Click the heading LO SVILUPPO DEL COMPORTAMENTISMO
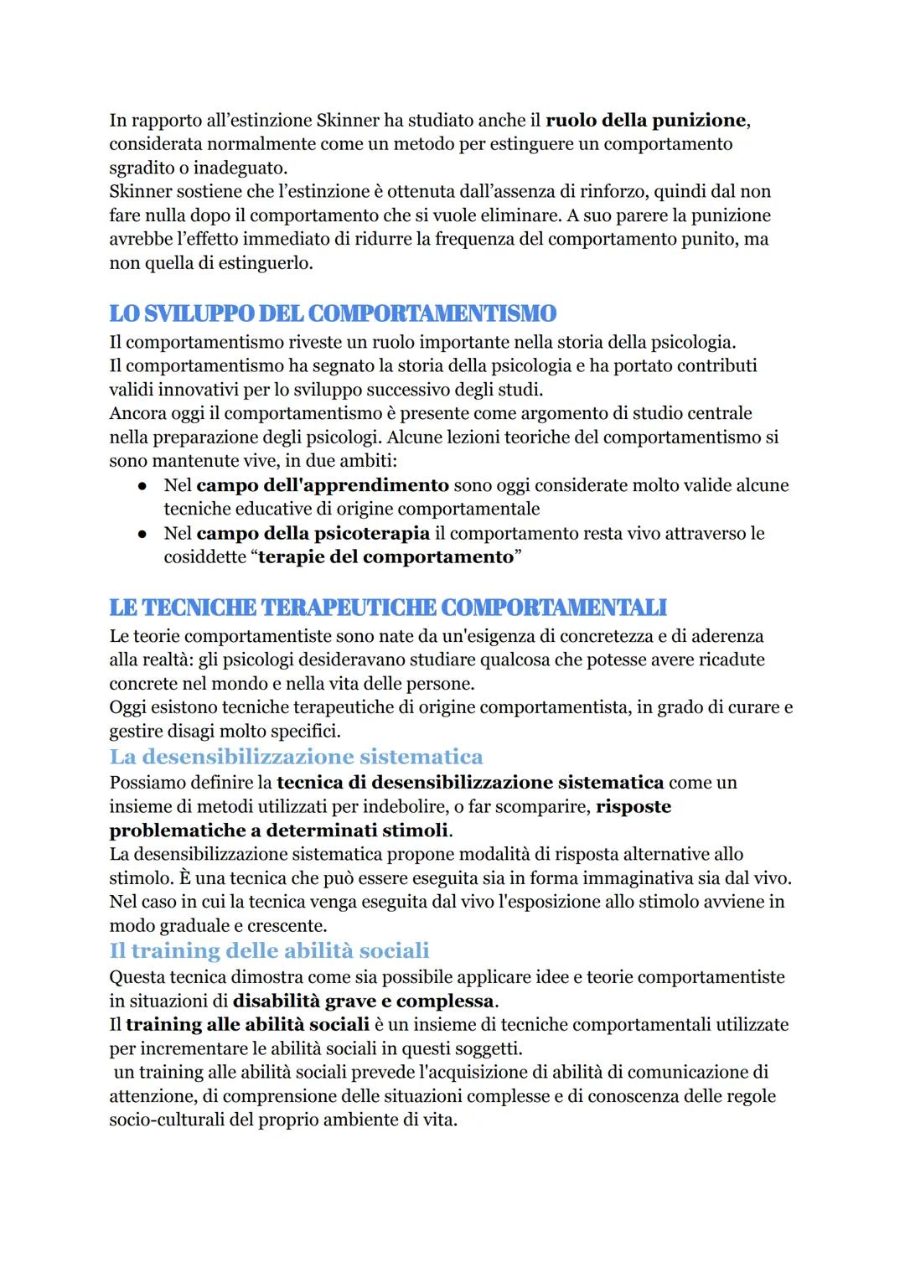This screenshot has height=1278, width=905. [x=332, y=313]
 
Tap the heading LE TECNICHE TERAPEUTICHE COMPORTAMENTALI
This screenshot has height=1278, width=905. [x=387, y=607]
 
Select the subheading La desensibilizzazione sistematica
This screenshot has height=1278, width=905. [x=296, y=757]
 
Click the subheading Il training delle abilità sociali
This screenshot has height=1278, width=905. [x=269, y=950]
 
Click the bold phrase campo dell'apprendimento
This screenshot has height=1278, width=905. [x=323, y=485]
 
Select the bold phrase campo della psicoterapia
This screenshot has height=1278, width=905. [x=313, y=533]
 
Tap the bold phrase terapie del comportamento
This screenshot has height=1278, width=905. [x=385, y=556]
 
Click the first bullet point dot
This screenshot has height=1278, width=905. [x=143, y=486]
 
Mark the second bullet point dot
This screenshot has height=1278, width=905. [x=143, y=534]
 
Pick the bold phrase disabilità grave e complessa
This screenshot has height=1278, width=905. [x=363, y=1001]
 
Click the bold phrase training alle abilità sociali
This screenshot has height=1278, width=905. [x=247, y=1024]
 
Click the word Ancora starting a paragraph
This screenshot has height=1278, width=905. [x=136, y=413]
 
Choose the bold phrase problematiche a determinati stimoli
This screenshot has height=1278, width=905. [x=279, y=830]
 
